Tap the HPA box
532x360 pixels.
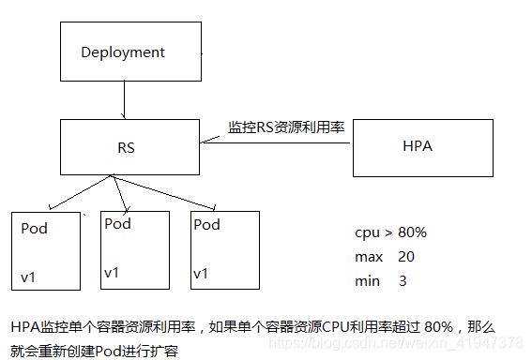tap(421, 147)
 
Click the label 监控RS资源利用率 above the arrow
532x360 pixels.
tap(286, 127)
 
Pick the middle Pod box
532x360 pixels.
tap(134, 248)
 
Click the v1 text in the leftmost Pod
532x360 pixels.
tap(29, 277)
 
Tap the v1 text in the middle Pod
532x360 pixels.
tap(111, 273)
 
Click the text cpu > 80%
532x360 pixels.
tap(390, 232)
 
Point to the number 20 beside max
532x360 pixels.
tap(406, 256)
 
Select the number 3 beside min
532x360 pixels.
tap(403, 280)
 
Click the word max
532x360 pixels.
tap(368, 256)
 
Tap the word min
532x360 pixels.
tap(367, 280)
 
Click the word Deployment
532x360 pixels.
tap(123, 52)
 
